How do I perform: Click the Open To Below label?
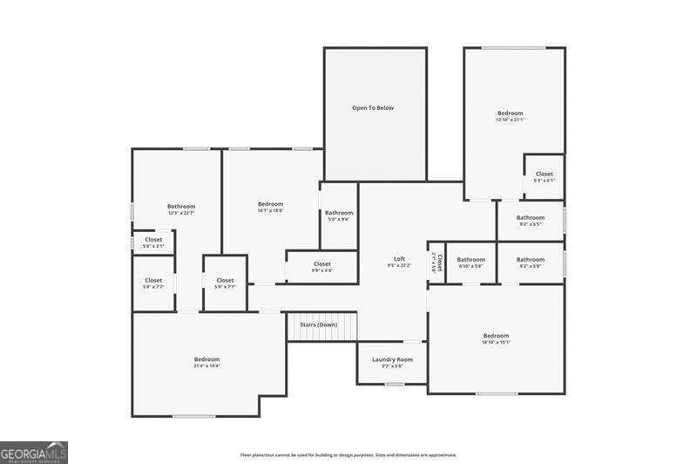pyautogui.click(x=373, y=108)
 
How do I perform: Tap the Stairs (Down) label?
pyautogui.click(x=319, y=324)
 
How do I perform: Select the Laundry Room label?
pyautogui.click(x=392, y=359)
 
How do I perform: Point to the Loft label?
pyautogui.click(x=399, y=259)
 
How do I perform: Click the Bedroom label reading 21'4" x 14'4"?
pyautogui.click(x=206, y=359)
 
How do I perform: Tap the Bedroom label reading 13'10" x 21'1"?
pyautogui.click(x=510, y=113)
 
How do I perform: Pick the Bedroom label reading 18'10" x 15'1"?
pyautogui.click(x=496, y=336)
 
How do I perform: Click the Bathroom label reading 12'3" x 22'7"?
pyautogui.click(x=181, y=207)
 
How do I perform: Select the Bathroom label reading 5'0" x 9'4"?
pyautogui.click(x=339, y=213)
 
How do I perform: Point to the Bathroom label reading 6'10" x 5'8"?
pyautogui.click(x=470, y=259)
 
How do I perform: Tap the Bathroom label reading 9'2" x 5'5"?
pyautogui.click(x=530, y=218)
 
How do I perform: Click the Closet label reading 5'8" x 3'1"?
pyautogui.click(x=153, y=240)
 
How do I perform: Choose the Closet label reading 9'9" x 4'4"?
pyautogui.click(x=321, y=263)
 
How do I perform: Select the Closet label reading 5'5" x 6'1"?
pyautogui.click(x=544, y=174)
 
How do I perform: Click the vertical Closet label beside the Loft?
pyautogui.click(x=438, y=263)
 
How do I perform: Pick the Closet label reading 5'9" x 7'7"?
pyautogui.click(x=225, y=281)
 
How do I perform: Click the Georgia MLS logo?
pyautogui.click(x=34, y=452)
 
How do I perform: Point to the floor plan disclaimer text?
pyautogui.click(x=348, y=454)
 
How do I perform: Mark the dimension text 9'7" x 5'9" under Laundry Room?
pyautogui.click(x=392, y=366)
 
